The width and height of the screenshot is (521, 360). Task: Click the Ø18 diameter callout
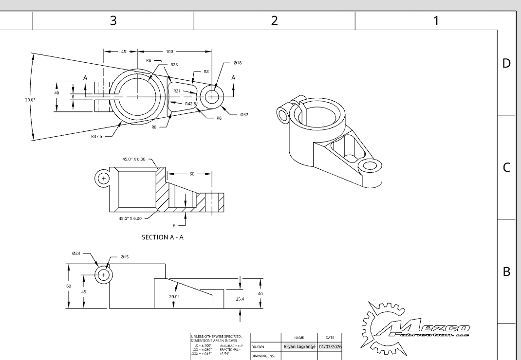pyautogui.click(x=238, y=63)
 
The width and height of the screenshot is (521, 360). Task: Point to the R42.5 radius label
pyautogui.click(x=190, y=104)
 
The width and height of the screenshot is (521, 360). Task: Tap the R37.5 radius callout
pyautogui.click(x=97, y=136)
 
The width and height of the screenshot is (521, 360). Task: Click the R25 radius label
pyautogui.click(x=174, y=64)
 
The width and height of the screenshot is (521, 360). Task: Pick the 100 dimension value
pyautogui.click(x=169, y=51)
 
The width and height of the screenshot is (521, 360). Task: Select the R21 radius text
pyautogui.click(x=179, y=90)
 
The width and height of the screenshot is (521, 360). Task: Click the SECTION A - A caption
pyautogui.click(x=162, y=237)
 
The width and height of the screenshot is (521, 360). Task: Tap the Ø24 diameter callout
pyautogui.click(x=76, y=253)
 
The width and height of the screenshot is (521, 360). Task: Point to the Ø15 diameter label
pyautogui.click(x=125, y=257)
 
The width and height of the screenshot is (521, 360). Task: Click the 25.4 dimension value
pyautogui.click(x=240, y=299)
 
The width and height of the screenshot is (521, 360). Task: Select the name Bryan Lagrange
pyautogui.click(x=299, y=347)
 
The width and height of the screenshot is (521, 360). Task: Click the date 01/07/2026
pyautogui.click(x=330, y=347)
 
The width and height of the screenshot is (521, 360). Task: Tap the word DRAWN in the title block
pyautogui.click(x=258, y=347)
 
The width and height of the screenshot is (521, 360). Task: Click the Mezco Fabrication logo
pyautogui.click(x=417, y=325)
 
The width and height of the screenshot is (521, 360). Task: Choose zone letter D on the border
pyautogui.click(x=506, y=64)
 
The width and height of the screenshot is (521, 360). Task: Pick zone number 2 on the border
pyautogui.click(x=274, y=20)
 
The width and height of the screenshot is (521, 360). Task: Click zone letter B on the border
pyautogui.click(x=506, y=271)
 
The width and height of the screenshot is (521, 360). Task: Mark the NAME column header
pyautogui.click(x=299, y=337)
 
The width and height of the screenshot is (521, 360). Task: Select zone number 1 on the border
pyautogui.click(x=436, y=20)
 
